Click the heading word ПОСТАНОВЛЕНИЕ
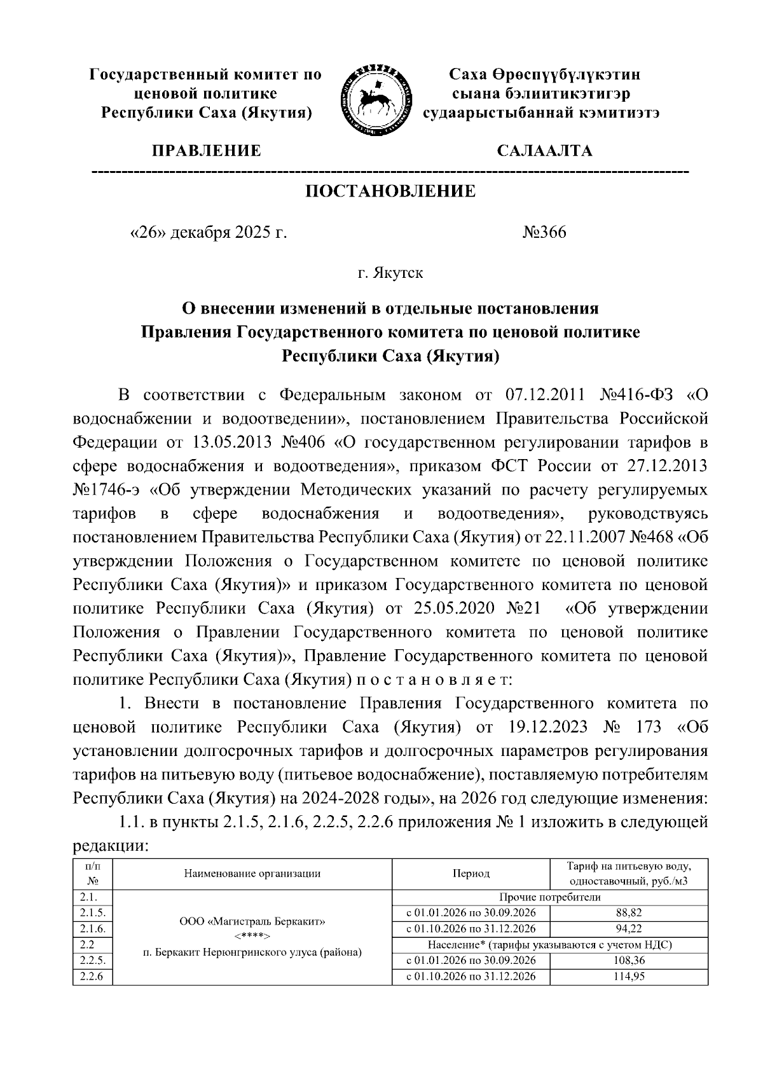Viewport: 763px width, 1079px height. coord(390,191)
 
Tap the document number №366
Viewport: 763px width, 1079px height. coord(544,232)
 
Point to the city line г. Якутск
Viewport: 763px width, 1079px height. coord(390,273)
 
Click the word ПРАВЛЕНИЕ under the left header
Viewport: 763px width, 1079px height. coord(206,151)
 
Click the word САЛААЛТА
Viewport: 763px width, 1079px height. coord(544,151)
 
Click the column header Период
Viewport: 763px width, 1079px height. coord(471,874)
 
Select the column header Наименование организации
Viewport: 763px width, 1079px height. coord(252,874)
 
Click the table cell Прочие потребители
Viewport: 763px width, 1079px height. coord(550,897)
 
